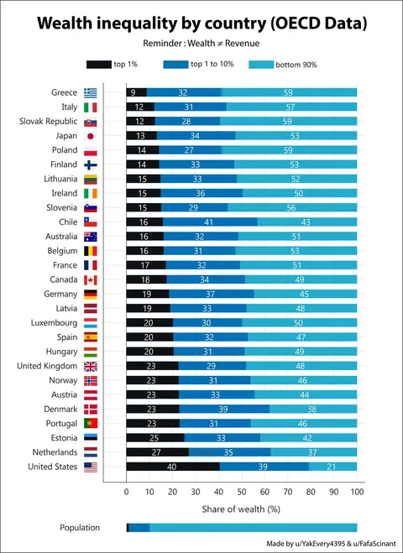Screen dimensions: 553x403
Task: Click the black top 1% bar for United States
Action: tap(172, 467)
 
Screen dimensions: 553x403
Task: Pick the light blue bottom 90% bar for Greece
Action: tap(289, 92)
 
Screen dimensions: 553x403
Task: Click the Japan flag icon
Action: tap(91, 136)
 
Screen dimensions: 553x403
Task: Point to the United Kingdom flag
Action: tap(91, 366)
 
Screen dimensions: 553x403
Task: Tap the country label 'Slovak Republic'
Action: tap(49, 121)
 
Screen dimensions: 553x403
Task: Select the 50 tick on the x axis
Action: tap(242, 491)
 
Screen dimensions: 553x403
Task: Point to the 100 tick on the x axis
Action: tap(357, 491)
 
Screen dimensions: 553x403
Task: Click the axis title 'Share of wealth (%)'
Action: tap(241, 509)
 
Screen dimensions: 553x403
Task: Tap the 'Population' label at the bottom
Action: tap(80, 528)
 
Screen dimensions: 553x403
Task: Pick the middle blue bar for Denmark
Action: tap(224, 409)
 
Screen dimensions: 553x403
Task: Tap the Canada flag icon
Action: tap(91, 279)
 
